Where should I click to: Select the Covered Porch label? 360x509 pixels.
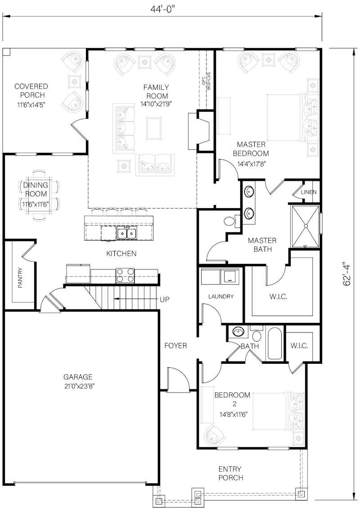[31, 90]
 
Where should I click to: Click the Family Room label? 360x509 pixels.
[156, 92]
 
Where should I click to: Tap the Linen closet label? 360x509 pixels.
[309, 192]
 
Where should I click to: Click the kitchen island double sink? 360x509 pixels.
[126, 233]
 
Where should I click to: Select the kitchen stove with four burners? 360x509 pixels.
[126, 275]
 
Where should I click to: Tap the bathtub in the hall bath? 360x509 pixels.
[274, 344]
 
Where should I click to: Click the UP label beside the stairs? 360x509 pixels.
[164, 299]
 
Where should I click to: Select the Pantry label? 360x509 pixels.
[20, 278]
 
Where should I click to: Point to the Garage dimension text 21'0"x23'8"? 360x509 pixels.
[78, 385]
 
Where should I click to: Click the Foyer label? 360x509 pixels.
[175, 346]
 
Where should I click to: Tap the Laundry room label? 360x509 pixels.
[220, 296]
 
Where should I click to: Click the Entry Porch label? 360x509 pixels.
[231, 473]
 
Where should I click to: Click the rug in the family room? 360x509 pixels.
[154, 128]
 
